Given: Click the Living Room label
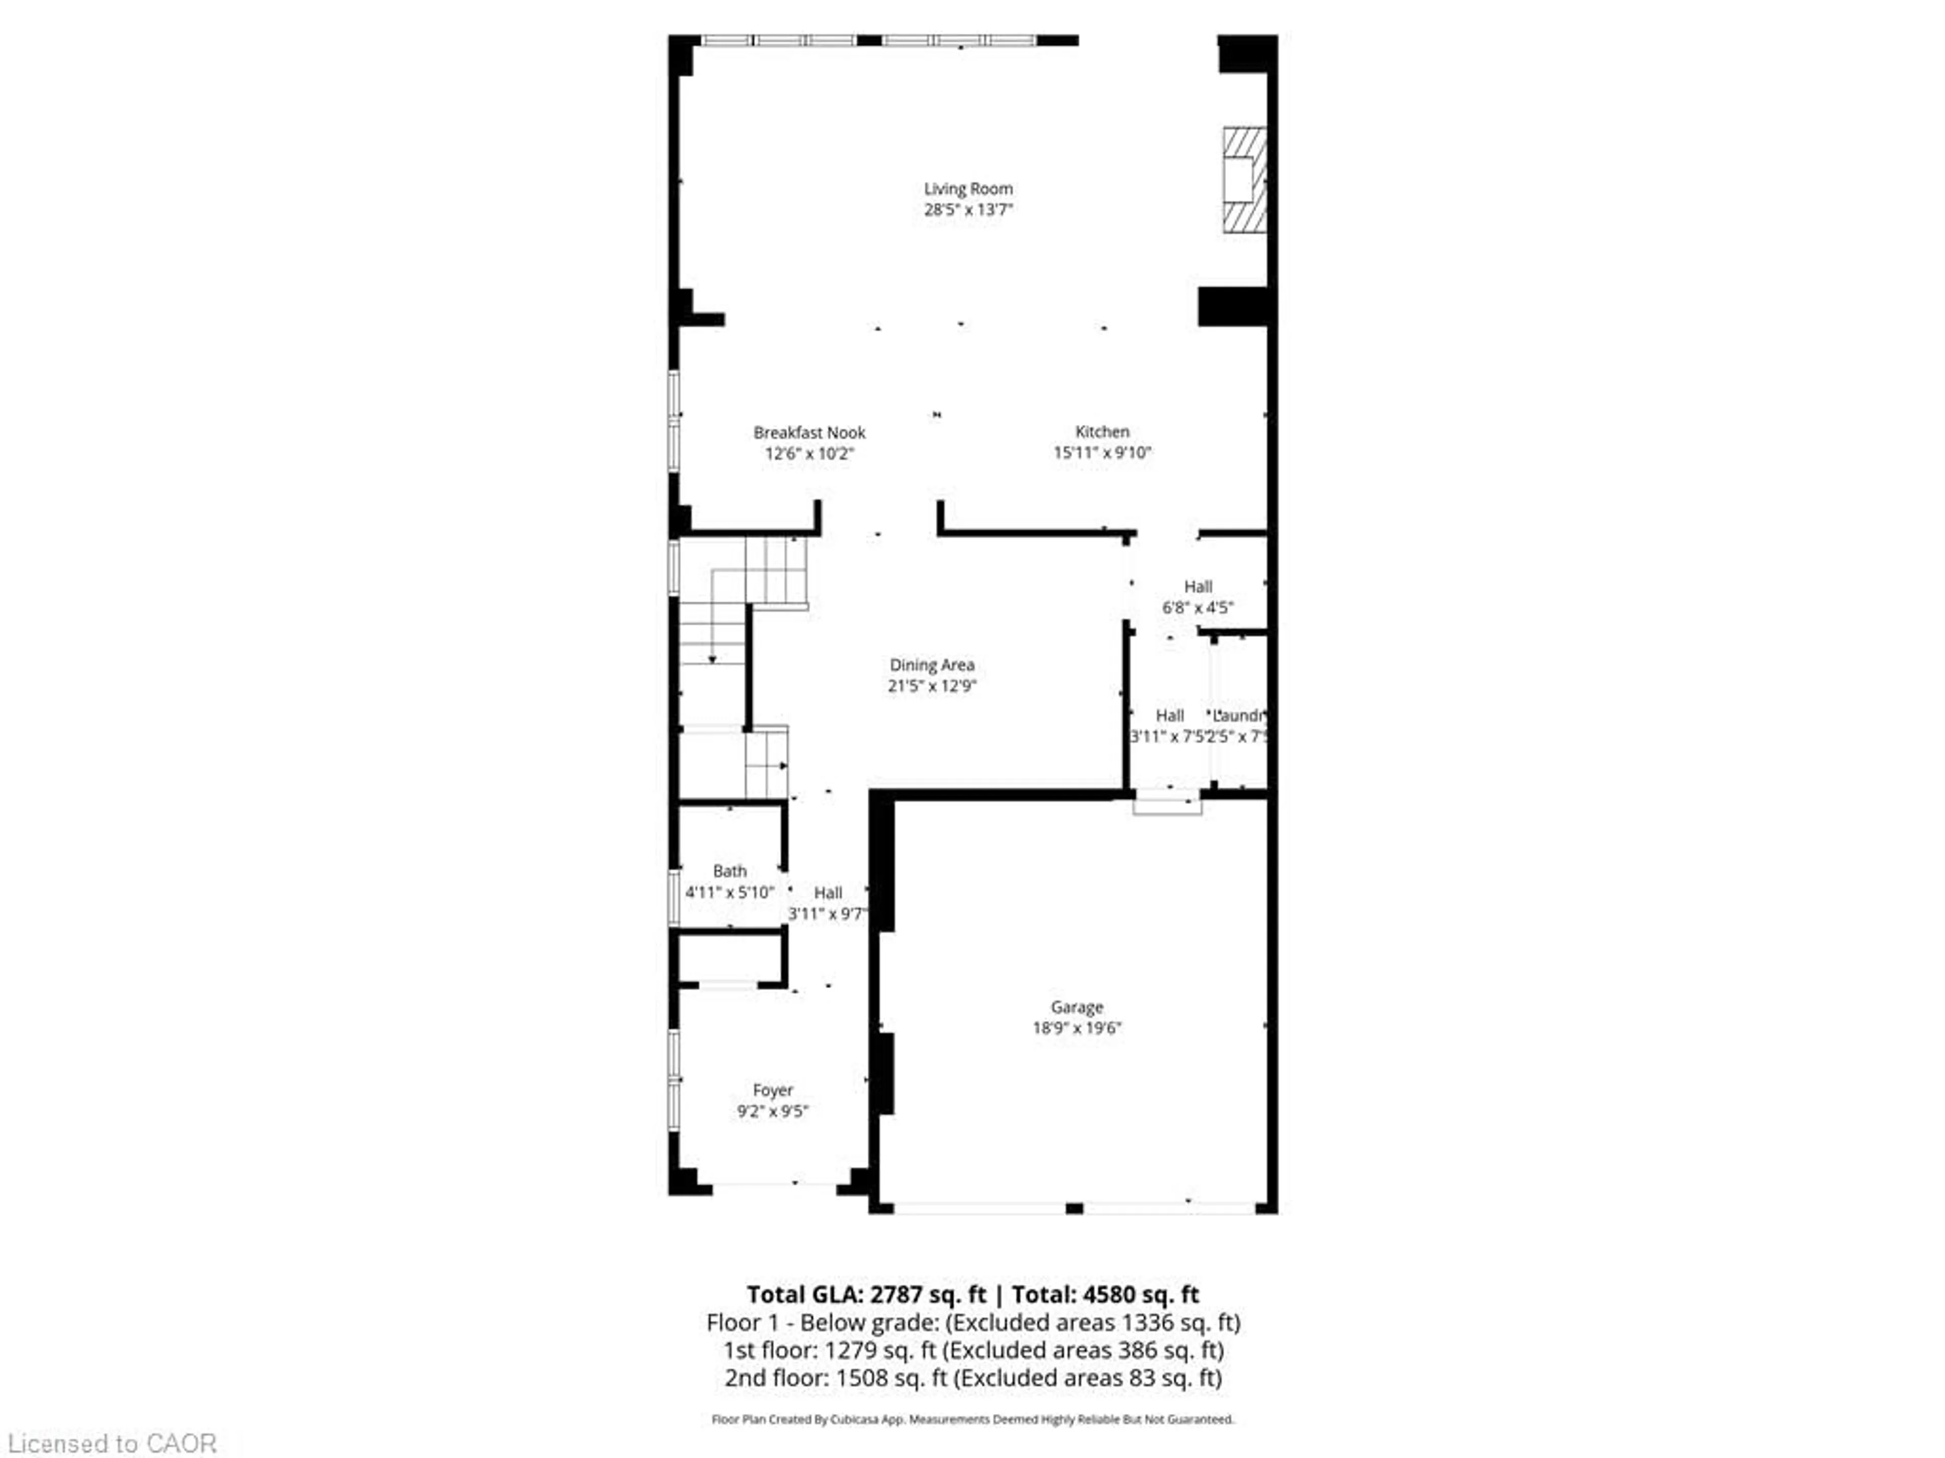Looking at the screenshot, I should [x=967, y=188].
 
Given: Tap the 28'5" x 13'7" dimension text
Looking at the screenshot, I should [x=967, y=209].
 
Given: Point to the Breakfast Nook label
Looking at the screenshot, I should [x=809, y=432].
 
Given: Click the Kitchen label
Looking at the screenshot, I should [x=1102, y=431].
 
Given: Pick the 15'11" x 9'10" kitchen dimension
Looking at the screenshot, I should [x=1102, y=453].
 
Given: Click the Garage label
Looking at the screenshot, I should [x=1076, y=1007].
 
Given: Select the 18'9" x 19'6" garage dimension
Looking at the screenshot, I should [x=1076, y=1028].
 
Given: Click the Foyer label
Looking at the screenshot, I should [x=772, y=1090].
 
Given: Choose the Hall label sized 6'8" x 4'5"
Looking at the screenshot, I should [x=1197, y=586].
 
